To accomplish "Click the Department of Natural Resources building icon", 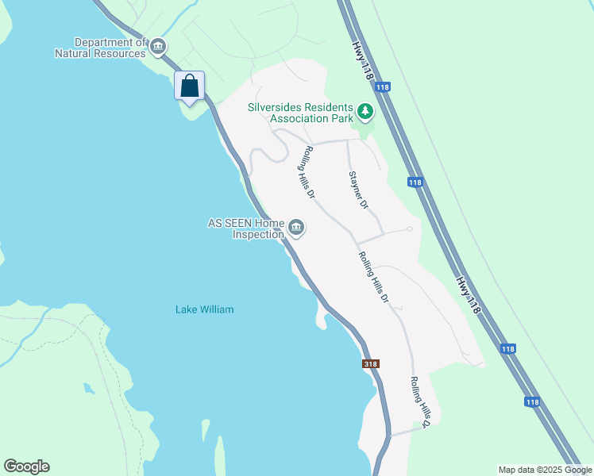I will click(x=158, y=47).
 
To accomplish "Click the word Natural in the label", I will click(x=74, y=53).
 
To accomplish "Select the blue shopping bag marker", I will click(x=190, y=86).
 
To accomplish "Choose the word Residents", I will click(x=328, y=107).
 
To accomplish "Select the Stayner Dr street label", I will click(x=359, y=190).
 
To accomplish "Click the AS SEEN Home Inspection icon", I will click(x=296, y=228).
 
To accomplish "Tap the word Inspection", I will click(x=258, y=235).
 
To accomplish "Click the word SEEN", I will click(x=237, y=224).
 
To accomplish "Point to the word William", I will click(x=216, y=309).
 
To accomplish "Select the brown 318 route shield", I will click(x=371, y=363).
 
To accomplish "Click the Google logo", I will click(x=26, y=466).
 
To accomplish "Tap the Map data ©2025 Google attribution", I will click(x=545, y=470).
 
